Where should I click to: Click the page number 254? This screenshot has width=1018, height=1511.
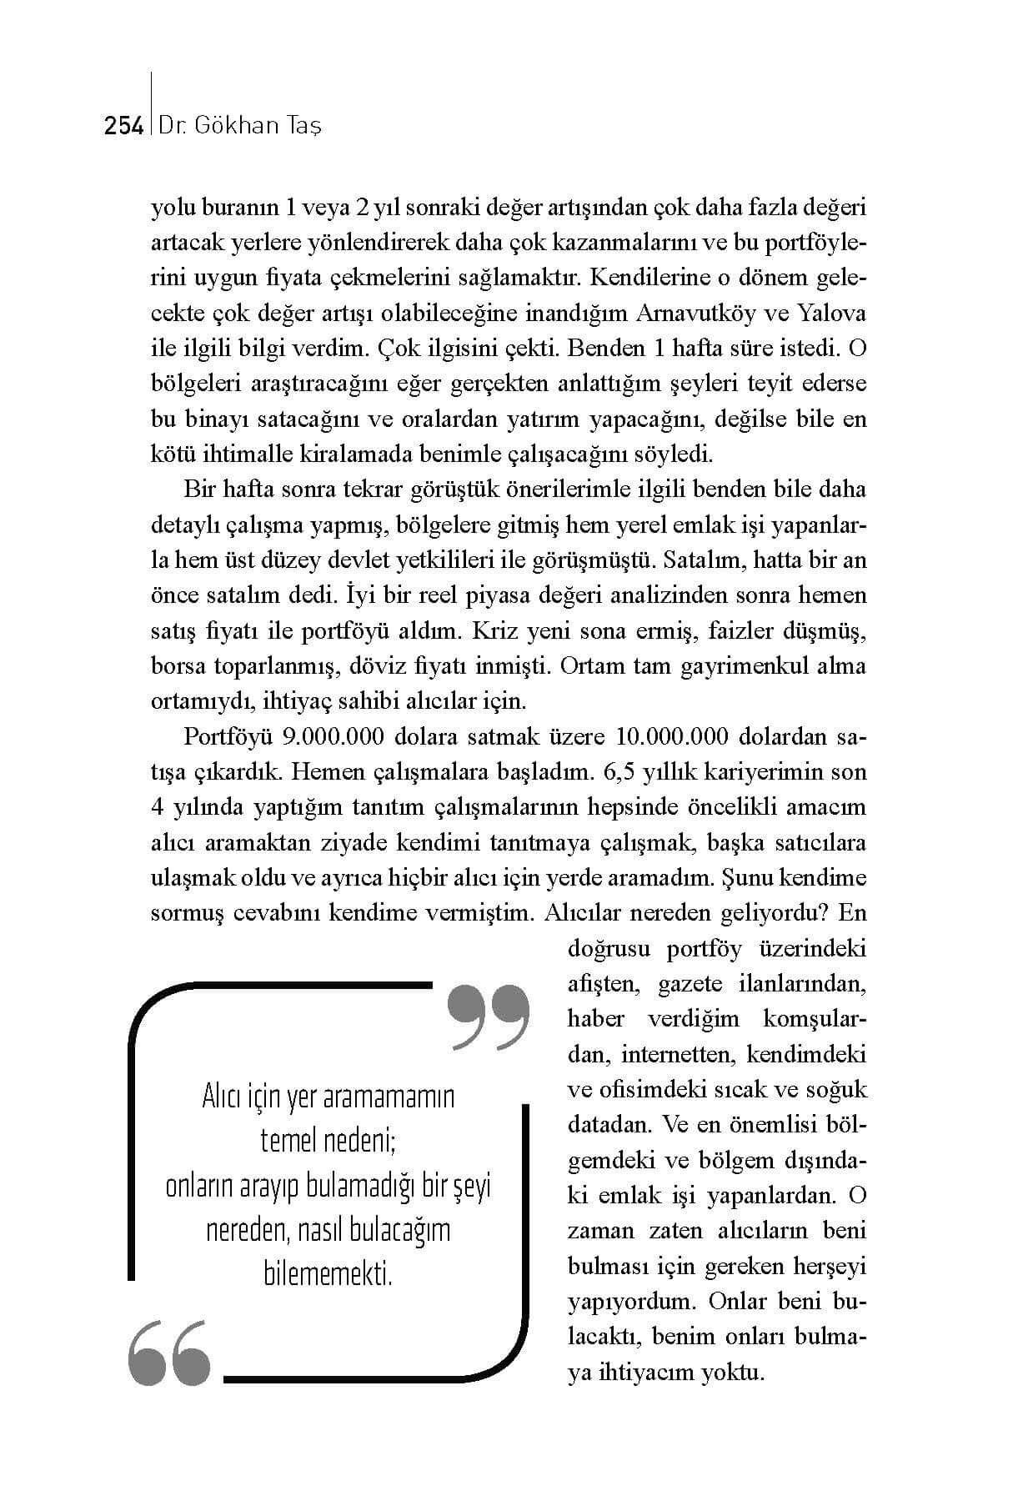pyautogui.click(x=123, y=126)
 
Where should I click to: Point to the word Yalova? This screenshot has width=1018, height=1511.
pyautogui.click(x=832, y=314)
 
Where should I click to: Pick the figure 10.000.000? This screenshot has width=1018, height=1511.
pyautogui.click(x=672, y=737)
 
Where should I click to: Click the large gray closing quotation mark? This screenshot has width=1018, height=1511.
pyautogui.click(x=489, y=1017)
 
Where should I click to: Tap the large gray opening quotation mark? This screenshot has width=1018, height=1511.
pyautogui.click(x=169, y=1353)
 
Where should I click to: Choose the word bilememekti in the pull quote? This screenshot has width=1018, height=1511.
pyautogui.click(x=328, y=1274)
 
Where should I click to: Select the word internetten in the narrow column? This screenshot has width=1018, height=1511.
pyautogui.click(x=676, y=1054)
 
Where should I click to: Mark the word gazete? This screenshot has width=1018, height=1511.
pyautogui.click(x=690, y=984)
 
